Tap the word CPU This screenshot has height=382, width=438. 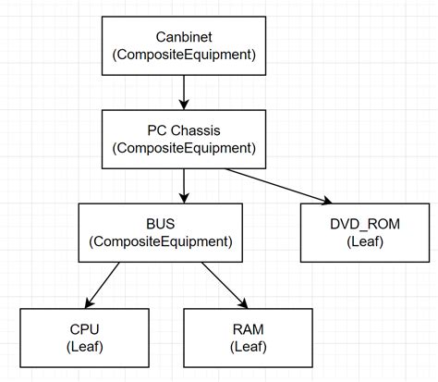click(x=84, y=328)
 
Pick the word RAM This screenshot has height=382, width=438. click(x=244, y=328)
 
